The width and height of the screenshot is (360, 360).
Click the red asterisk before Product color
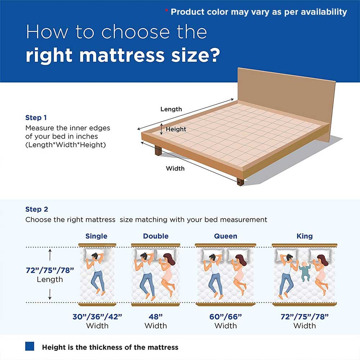[166, 10]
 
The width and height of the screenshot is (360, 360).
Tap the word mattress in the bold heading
[122, 55]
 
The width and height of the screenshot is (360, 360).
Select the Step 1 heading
[36, 118]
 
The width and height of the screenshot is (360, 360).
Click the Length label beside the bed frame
[171, 109]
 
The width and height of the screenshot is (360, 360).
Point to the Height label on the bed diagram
[176, 129]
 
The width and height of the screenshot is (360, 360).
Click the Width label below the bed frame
[175, 168]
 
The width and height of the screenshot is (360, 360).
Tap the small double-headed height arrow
[161, 129]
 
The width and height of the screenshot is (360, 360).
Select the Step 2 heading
[37, 209]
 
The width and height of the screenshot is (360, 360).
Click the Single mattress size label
[96, 236]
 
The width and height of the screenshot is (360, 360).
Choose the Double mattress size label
[156, 236]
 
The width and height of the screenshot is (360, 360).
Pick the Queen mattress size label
[225, 236]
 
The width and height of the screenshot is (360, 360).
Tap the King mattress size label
[305, 236]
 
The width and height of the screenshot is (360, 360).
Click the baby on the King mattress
[305, 271]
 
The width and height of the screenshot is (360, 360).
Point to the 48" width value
[156, 316]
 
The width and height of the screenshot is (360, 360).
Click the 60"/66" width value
[225, 316]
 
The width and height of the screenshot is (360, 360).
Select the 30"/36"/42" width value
[97, 316]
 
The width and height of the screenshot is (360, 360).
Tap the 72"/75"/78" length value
[50, 270]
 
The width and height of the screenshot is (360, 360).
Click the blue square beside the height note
[30, 346]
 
